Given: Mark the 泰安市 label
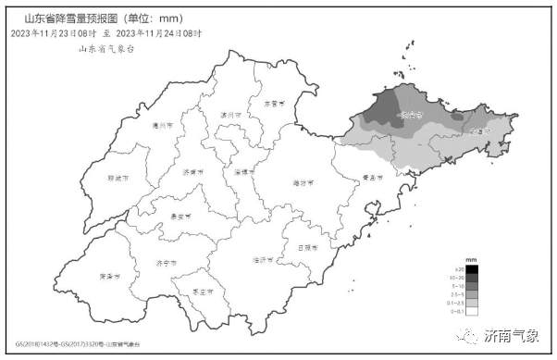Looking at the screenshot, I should [183, 215].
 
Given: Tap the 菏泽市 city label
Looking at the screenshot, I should [109, 276].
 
